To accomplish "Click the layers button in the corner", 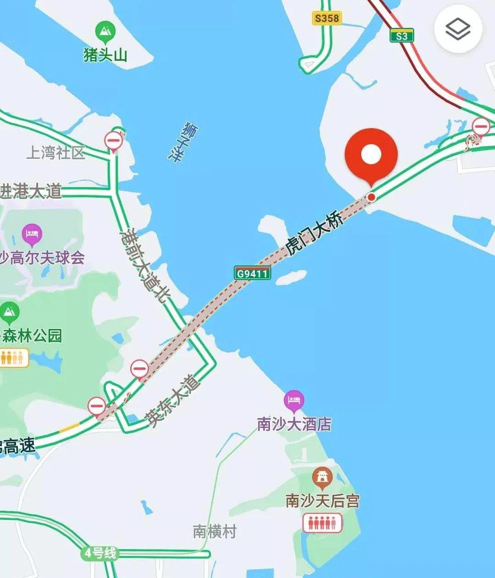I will coord(458,30).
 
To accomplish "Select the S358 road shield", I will coord(327,18).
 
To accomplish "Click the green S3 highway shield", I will coord(401,36).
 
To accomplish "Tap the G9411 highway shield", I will coord(252,274).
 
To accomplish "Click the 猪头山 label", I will coord(105,55).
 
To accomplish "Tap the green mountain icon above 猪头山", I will coord(105,32).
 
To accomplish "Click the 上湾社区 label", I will coord(56,153).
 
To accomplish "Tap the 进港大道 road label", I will coord(31,191).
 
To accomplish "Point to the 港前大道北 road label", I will coord(144,266).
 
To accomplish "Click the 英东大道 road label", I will coord(173,401).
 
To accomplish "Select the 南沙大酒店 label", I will coord(294,424).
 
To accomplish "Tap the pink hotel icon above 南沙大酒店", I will coord(294,400).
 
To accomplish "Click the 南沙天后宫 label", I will coord(322,501).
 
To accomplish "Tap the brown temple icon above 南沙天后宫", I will coord(322,478).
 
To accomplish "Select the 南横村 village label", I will coord(214,531).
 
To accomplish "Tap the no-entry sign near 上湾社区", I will coord(114,139).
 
